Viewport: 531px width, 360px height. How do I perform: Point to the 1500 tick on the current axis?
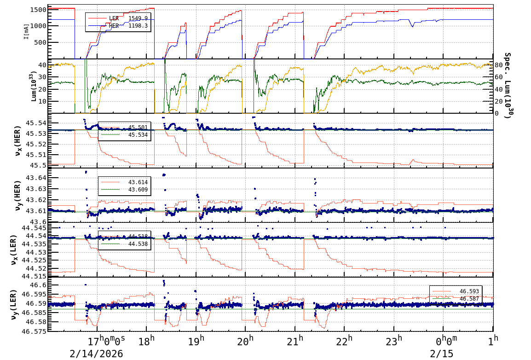point(37,10)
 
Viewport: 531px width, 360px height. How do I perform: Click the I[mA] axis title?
point(26,31)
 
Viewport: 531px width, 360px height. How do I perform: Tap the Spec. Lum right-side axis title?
point(508,86)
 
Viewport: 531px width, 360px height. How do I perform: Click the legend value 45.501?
point(138,128)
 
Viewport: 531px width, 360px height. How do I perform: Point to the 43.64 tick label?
point(34,178)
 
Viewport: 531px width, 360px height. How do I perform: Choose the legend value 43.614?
point(138,182)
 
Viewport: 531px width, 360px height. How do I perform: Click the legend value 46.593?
point(469,291)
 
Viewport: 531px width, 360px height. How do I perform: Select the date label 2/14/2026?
point(96,354)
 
